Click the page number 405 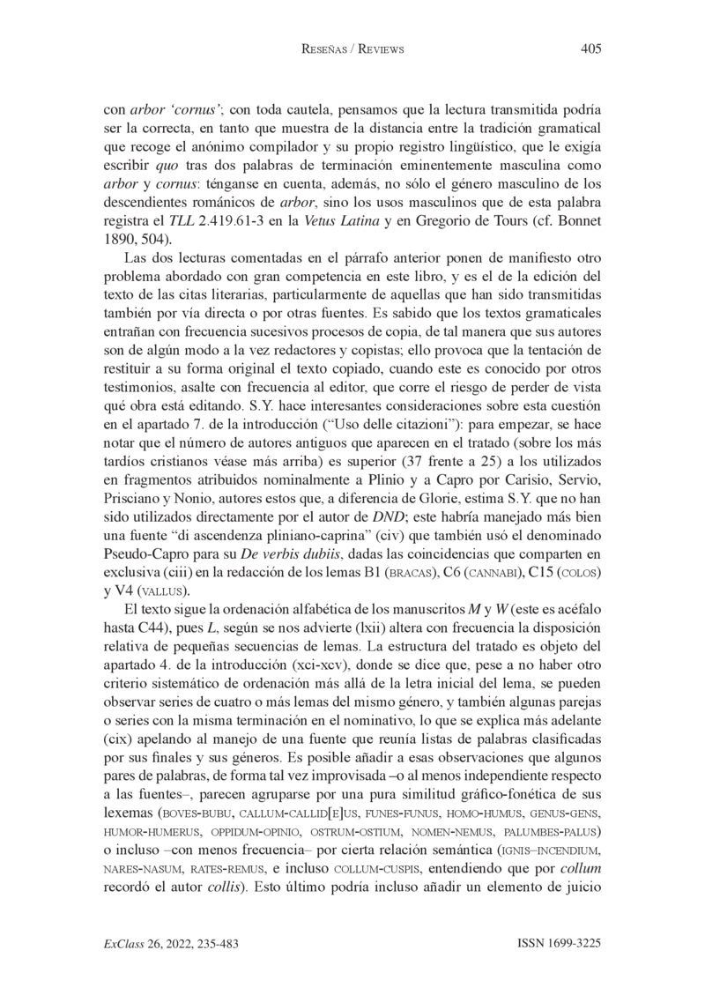point(590,49)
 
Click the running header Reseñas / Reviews point(352,50)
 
